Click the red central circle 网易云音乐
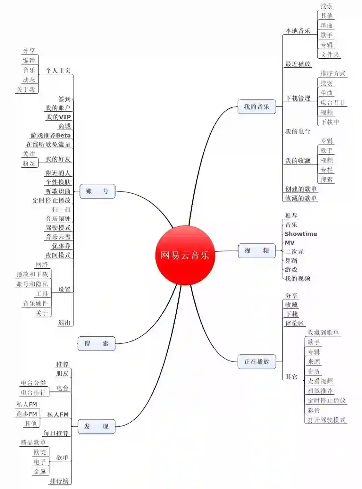point(185,255)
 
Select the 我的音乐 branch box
point(257,107)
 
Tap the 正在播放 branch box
point(257,362)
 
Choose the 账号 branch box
point(97,191)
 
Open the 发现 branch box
point(96,427)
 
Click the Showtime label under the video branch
point(301,234)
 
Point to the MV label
point(290,243)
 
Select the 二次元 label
point(294,252)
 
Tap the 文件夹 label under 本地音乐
point(329,54)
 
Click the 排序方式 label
point(333,73)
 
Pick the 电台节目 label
point(333,103)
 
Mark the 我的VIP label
point(58,117)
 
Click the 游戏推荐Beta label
point(51,135)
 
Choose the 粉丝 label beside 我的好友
point(29,163)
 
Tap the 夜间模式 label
point(58,255)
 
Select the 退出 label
point(64,323)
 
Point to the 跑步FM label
point(27,414)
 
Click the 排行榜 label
point(59,481)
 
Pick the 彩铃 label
point(314,410)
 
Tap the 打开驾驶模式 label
point(326,420)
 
